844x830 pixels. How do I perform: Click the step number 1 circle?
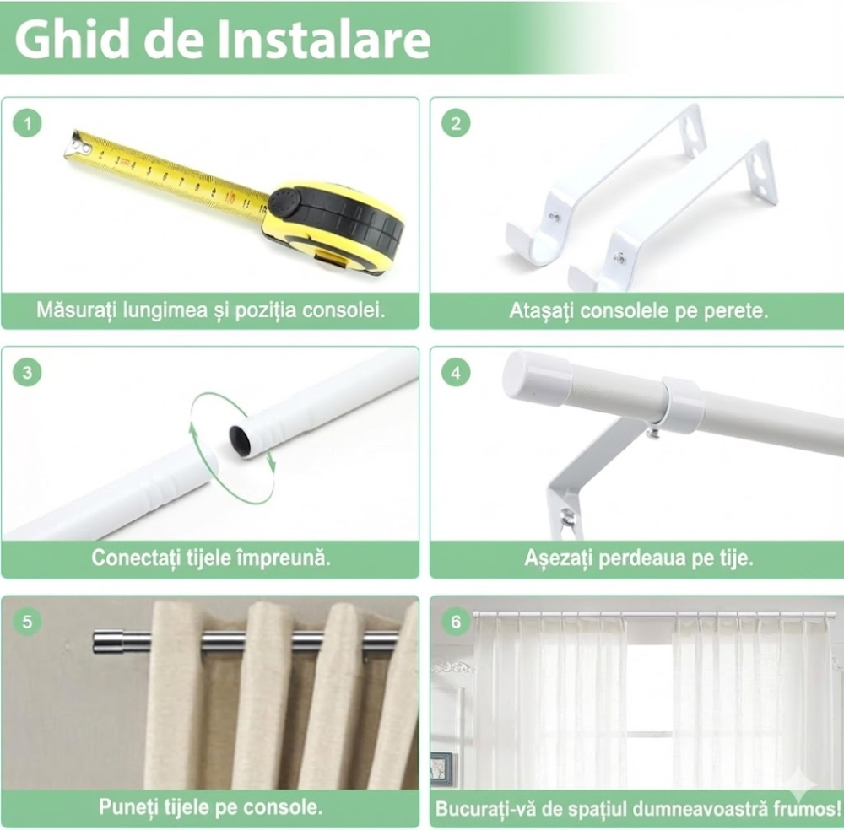[28, 124]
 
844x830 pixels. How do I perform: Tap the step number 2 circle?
[456, 124]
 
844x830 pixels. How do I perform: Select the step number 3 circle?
[28, 372]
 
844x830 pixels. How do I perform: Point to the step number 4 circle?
[456, 372]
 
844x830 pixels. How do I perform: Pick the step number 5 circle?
[28, 622]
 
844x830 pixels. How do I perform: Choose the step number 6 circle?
[456, 622]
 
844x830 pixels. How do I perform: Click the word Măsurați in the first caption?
[76, 310]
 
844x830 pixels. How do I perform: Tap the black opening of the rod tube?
[241, 440]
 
